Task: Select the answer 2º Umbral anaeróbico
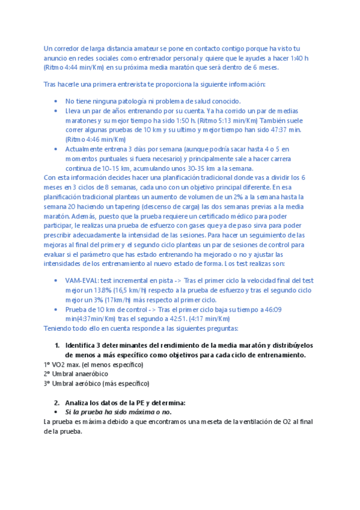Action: (76, 374)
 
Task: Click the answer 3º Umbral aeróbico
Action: (97, 383)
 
